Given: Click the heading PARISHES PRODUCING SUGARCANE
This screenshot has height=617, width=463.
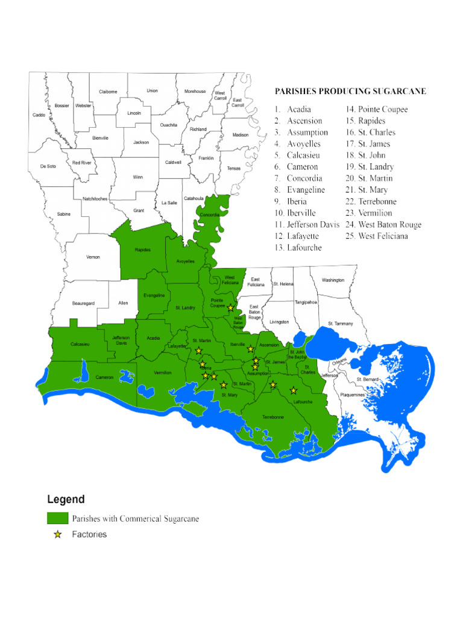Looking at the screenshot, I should tap(350, 92).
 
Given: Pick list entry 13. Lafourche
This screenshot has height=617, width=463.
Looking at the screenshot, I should tap(298, 248).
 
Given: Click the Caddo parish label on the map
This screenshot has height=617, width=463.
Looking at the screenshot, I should tap(39, 114).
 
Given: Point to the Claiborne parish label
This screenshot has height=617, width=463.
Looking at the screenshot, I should tap(108, 92).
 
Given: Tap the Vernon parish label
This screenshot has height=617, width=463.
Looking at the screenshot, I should tap(93, 257).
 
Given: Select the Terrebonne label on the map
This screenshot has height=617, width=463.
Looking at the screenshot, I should tap(273, 417).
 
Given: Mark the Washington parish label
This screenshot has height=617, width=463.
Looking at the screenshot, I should tap(333, 280).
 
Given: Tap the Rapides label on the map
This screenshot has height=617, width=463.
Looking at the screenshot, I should tap(143, 249).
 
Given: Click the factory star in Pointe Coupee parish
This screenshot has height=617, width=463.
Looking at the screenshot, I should tap(230, 308).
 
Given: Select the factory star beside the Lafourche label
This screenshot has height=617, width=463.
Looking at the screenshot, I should tap(294, 390).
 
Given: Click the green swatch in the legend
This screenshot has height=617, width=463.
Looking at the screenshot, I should tap(57, 518).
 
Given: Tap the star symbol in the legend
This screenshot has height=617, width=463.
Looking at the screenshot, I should tap(58, 534).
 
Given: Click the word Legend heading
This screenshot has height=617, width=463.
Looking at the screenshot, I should tap(66, 500).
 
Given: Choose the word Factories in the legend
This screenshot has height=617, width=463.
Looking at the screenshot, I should tap(89, 534).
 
